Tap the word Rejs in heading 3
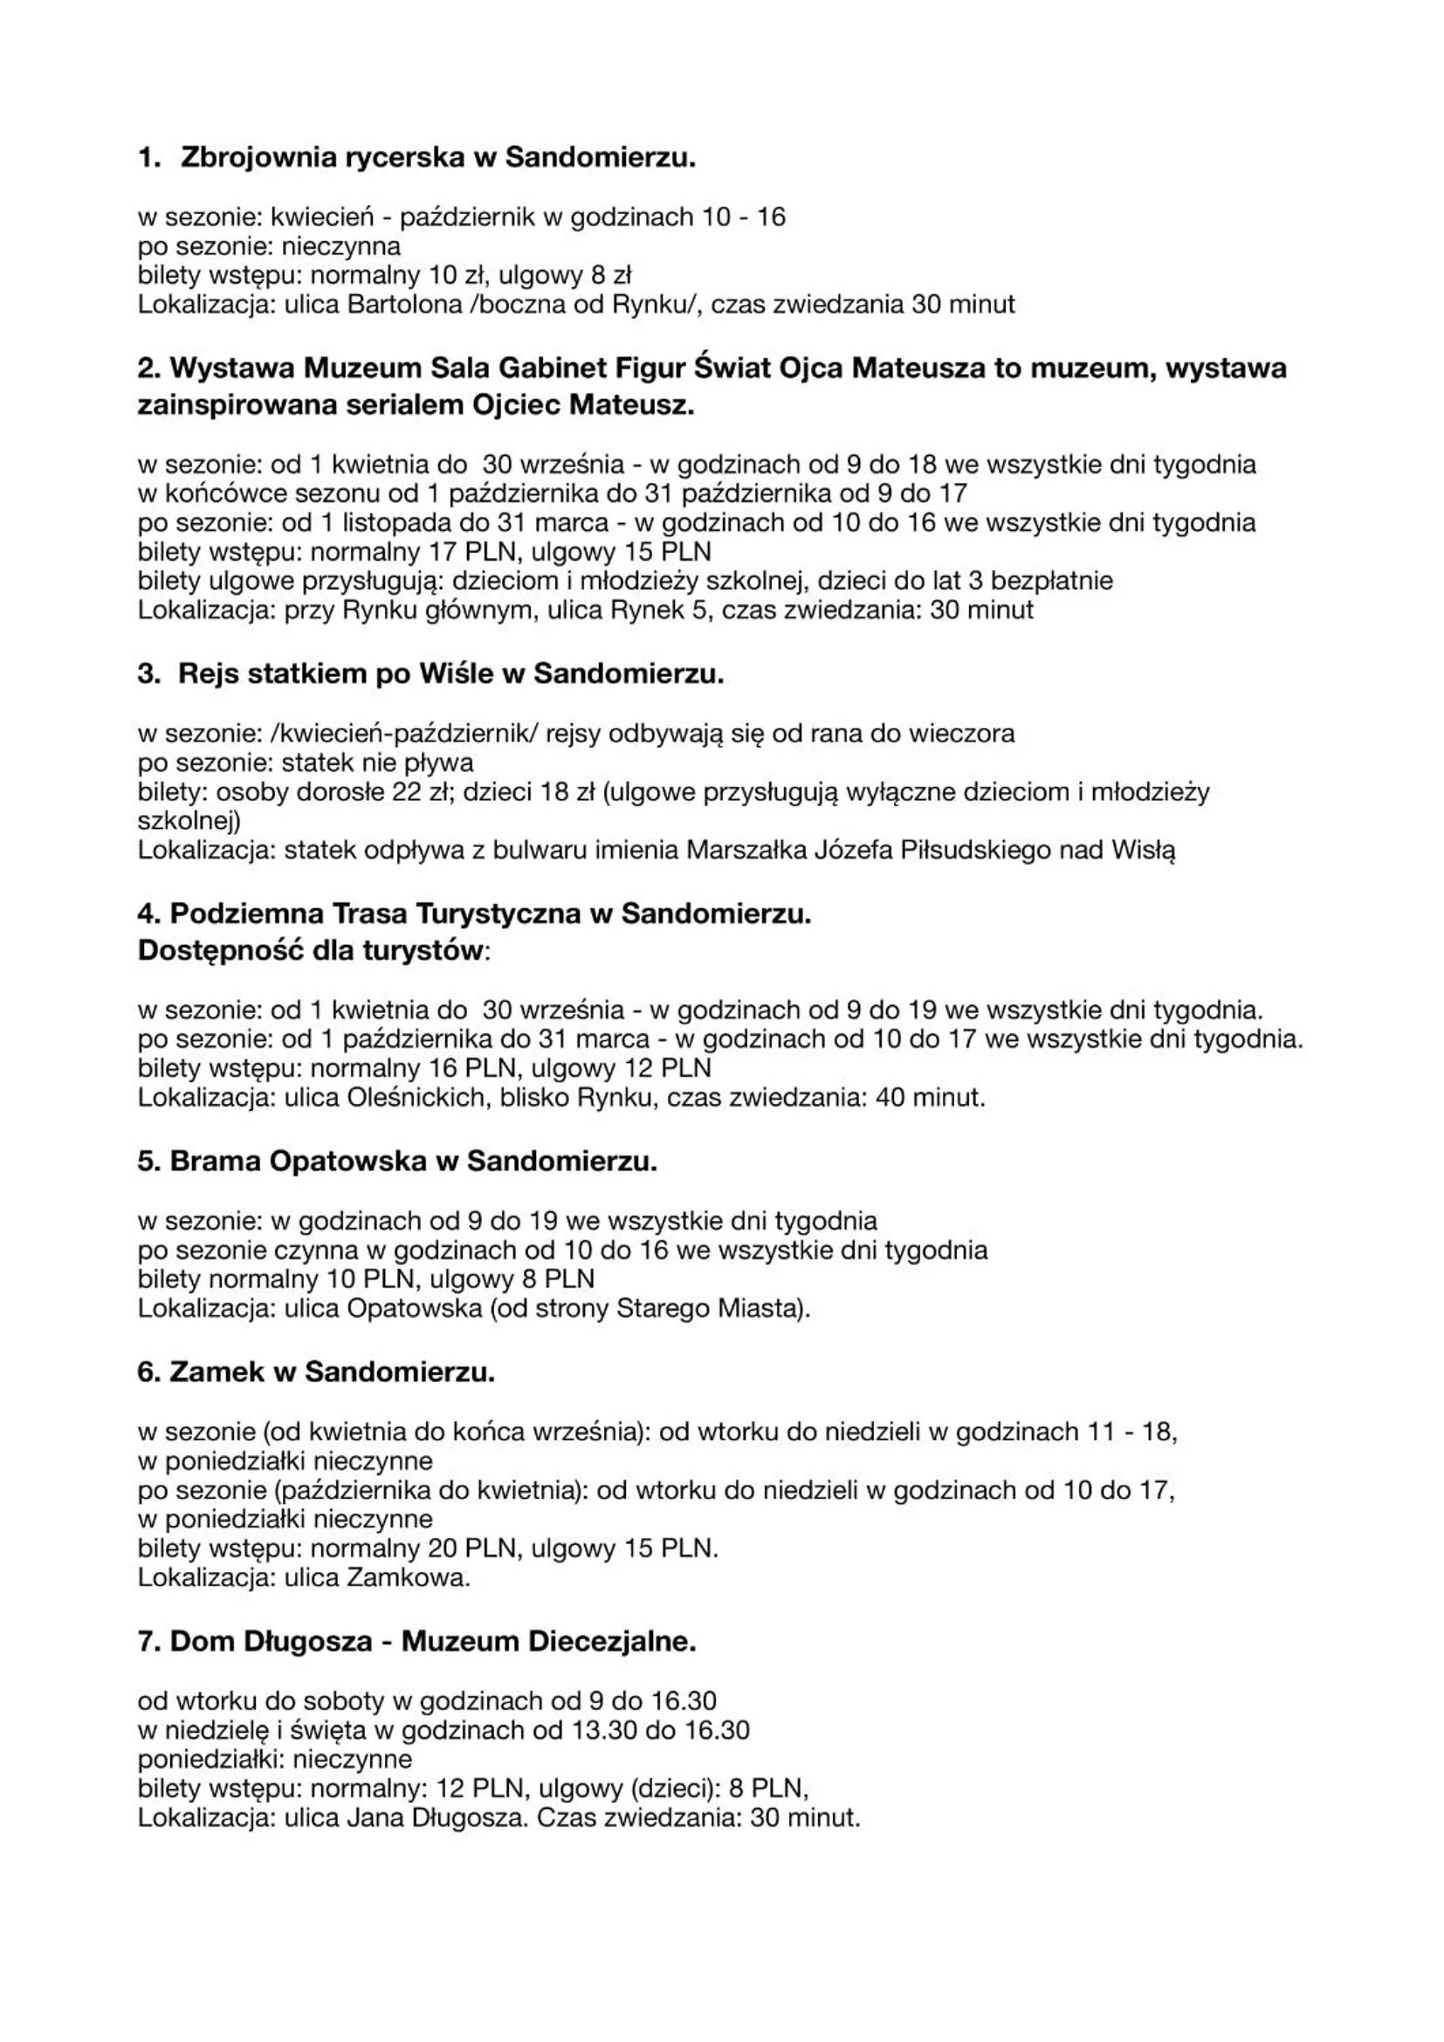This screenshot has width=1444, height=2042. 208,673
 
